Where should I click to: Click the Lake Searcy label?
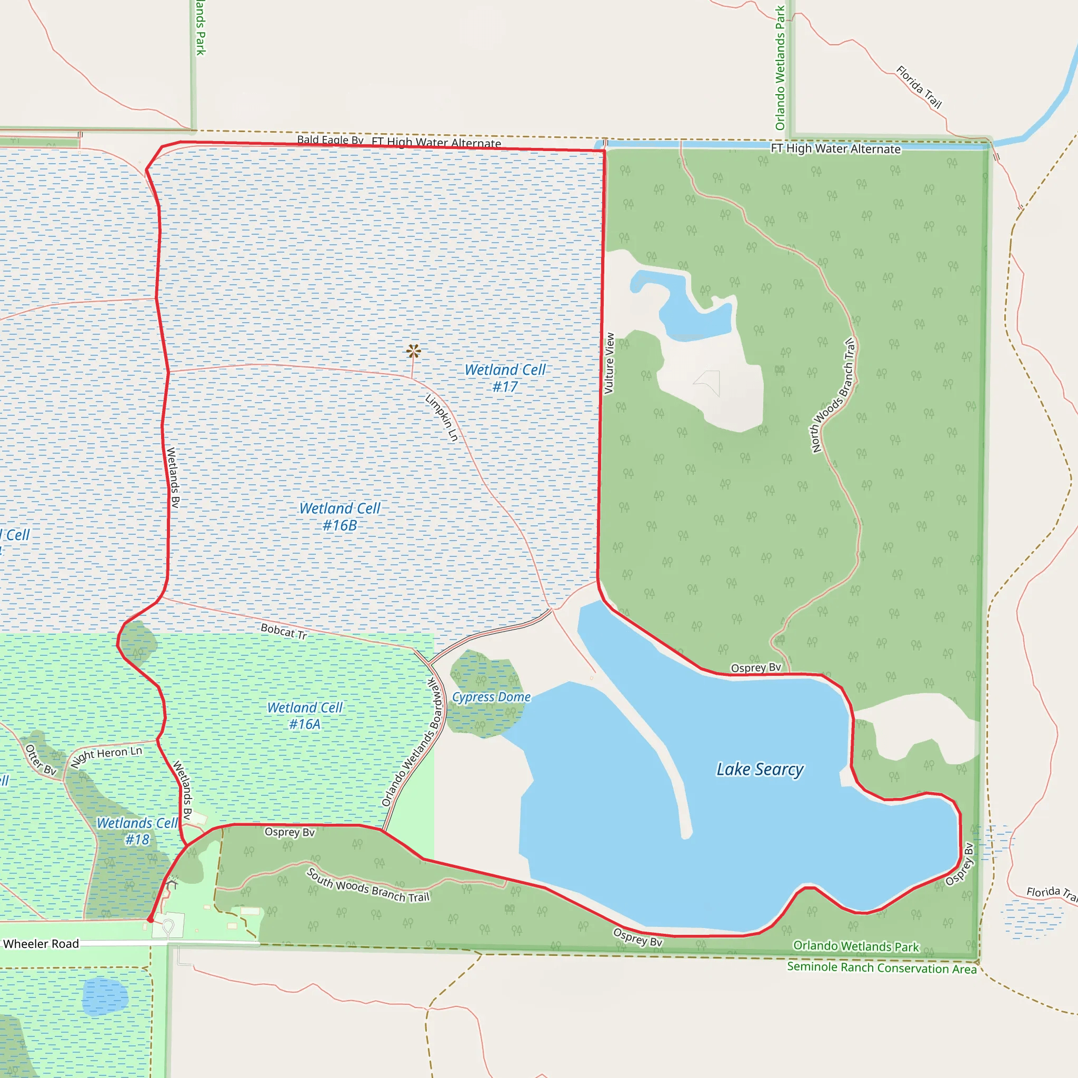pos(760,770)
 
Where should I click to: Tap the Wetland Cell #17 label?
pos(505,378)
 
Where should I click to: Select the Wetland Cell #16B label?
pos(340,517)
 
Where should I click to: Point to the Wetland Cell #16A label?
pos(305,716)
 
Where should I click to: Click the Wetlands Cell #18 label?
pos(137,831)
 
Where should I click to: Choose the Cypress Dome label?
pos(491,697)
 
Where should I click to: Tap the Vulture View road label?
pos(610,363)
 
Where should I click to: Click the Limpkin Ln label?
pos(442,418)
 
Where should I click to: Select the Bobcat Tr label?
pos(284,632)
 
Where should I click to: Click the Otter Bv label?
pos(41,760)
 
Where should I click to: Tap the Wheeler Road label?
pos(41,944)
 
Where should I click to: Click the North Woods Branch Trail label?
pos(833,395)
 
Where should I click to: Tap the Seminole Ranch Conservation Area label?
pos(882,967)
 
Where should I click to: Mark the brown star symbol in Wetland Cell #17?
pos(413,351)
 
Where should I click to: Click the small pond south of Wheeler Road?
pos(105,996)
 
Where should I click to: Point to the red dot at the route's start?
pos(150,920)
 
